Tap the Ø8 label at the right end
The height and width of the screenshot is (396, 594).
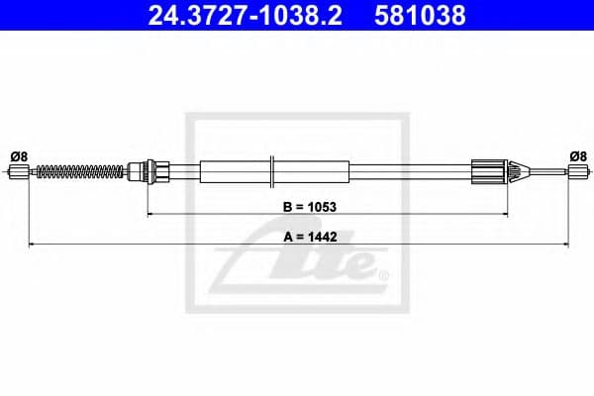(x=577, y=155)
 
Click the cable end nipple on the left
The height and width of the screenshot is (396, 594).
(x=17, y=172)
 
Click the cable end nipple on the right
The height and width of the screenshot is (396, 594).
(x=576, y=172)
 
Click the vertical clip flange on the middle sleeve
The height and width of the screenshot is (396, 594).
(x=271, y=170)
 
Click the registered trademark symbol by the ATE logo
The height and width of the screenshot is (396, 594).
(x=385, y=274)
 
